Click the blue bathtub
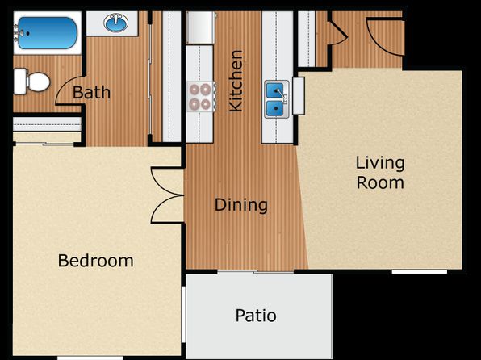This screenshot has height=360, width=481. click(48, 33)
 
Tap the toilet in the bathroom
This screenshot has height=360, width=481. click(32, 82)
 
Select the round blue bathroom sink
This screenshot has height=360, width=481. click(116, 23)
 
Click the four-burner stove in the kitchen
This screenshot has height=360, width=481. click(202, 97)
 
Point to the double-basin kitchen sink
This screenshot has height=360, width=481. click(277, 99)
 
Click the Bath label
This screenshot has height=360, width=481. click(91, 92)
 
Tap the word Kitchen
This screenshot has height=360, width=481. click(236, 81)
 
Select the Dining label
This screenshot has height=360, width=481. click(241, 205)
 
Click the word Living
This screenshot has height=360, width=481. click(380, 164)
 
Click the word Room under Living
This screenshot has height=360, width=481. click(380, 182)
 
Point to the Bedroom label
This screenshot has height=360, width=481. click(96, 261)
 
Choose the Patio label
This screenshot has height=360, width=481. click(256, 316)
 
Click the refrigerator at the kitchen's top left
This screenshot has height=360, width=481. click(199, 27)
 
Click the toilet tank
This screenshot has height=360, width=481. click(20, 82)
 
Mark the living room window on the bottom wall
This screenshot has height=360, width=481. click(420, 271)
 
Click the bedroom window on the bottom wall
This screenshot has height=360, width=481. click(90, 358)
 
